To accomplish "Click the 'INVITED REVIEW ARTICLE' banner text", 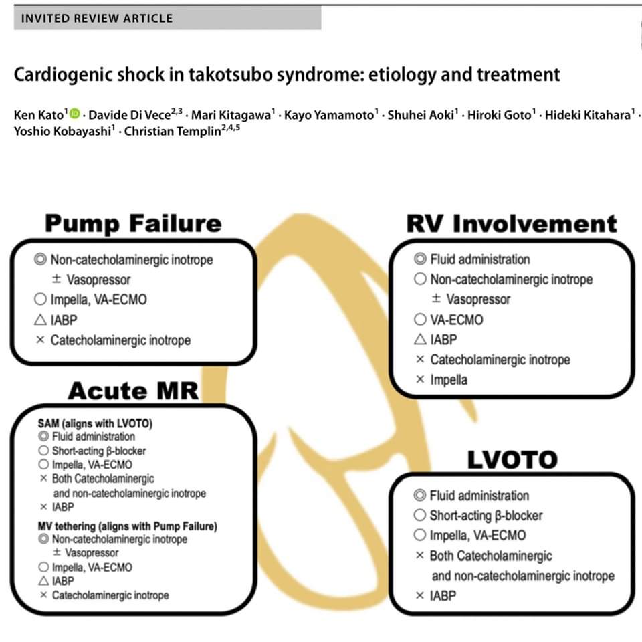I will point(96,18).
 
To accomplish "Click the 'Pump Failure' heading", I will point(132,223).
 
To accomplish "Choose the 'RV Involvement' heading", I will point(511,223).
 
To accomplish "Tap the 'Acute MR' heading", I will point(132,391).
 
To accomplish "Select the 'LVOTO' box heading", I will point(512,459).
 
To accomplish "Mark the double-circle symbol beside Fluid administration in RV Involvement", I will point(419,259).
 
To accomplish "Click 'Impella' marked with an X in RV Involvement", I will point(449,380).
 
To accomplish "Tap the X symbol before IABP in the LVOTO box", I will point(419,595).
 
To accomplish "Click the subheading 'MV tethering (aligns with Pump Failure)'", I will point(127,526).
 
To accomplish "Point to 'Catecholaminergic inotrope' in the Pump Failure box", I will point(120,340).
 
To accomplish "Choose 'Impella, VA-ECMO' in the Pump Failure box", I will point(98,300).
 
